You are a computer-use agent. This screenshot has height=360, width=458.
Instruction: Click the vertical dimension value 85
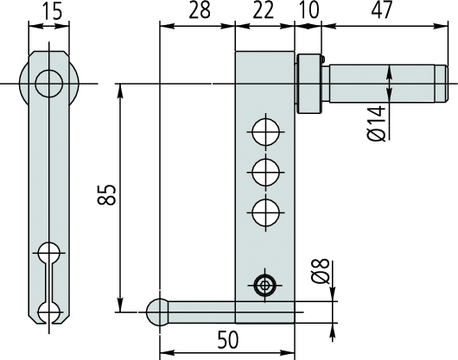click(x=105, y=195)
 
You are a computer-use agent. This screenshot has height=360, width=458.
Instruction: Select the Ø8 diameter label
click(x=320, y=276)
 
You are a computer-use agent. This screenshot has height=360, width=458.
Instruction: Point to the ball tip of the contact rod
click(x=157, y=311)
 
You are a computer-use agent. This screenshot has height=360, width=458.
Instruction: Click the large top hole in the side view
click(x=49, y=84)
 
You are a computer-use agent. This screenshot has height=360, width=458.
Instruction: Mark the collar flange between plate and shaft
click(x=309, y=84)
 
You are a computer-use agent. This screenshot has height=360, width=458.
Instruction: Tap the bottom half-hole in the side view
click(x=49, y=313)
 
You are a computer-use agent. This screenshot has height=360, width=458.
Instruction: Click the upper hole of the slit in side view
click(x=49, y=253)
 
